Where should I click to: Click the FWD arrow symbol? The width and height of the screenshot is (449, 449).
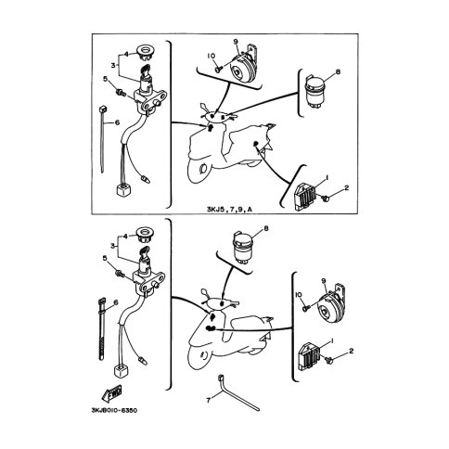point(111,393)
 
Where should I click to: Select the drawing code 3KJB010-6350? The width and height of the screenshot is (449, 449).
point(114,410)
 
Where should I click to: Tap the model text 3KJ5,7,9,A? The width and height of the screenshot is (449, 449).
point(229,210)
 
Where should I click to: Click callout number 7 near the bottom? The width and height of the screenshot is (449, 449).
point(208,400)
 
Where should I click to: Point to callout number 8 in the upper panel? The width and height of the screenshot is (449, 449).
point(338,72)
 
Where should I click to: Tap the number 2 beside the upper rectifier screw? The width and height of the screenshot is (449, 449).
point(346,187)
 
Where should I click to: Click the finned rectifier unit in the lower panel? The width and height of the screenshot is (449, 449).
point(310,357)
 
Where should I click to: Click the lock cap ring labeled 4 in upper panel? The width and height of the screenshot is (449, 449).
point(146,51)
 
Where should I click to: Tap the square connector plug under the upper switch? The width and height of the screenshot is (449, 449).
point(122,189)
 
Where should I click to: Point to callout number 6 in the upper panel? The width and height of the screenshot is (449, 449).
point(117,122)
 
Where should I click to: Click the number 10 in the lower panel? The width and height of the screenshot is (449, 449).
point(299,294)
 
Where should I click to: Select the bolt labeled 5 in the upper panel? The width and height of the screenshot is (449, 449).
point(120,91)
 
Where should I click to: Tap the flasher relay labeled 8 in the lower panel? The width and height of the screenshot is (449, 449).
point(243,248)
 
